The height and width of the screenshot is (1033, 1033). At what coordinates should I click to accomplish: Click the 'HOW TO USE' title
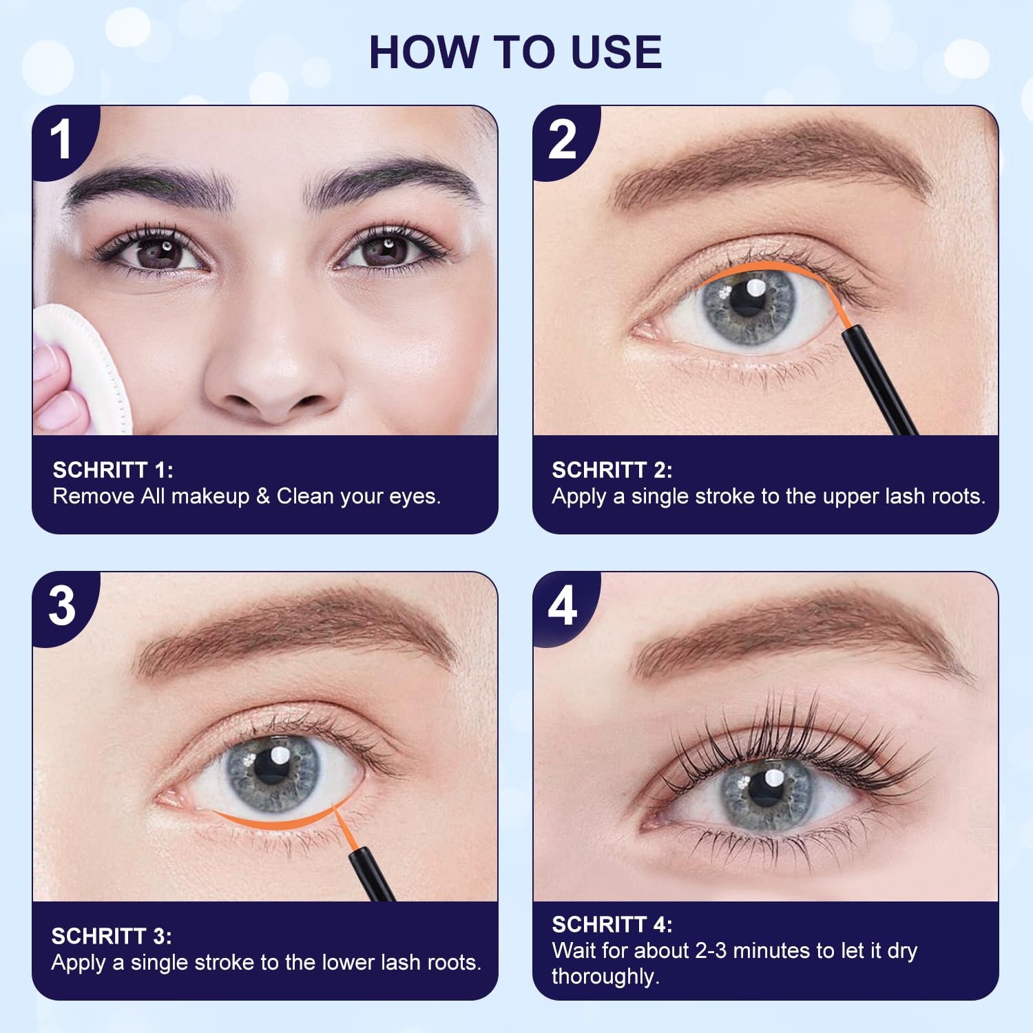point(515,52)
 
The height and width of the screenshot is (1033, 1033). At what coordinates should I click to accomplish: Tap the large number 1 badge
point(62,140)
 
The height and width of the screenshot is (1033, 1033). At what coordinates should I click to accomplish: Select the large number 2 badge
point(563,140)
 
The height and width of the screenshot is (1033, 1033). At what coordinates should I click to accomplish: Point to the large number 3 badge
point(62,606)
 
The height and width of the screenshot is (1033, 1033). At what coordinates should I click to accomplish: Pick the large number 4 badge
point(563,606)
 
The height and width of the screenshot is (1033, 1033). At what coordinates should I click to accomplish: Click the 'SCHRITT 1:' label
point(113,470)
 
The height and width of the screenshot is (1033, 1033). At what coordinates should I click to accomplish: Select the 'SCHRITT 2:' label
point(612,470)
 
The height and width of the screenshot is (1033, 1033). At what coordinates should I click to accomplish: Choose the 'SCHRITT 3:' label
point(112,936)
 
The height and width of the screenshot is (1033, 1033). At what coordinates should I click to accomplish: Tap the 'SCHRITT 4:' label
point(612,924)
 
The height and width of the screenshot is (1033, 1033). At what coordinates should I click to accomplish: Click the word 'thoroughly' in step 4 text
point(605,977)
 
